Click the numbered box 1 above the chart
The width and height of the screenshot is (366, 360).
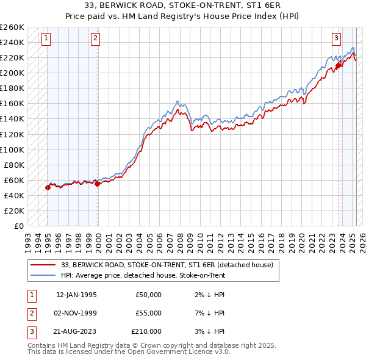[x=47, y=38]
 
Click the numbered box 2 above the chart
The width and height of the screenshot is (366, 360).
[x=96, y=38]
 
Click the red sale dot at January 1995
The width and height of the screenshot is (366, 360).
[x=48, y=188]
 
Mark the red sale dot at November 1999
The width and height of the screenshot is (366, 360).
[x=98, y=184]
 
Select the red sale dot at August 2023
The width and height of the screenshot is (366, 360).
[x=339, y=65]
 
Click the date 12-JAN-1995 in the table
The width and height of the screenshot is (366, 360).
[x=76, y=295]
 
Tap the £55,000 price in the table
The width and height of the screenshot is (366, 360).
[x=148, y=313]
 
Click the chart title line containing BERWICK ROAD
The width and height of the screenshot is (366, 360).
[x=183, y=7]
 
